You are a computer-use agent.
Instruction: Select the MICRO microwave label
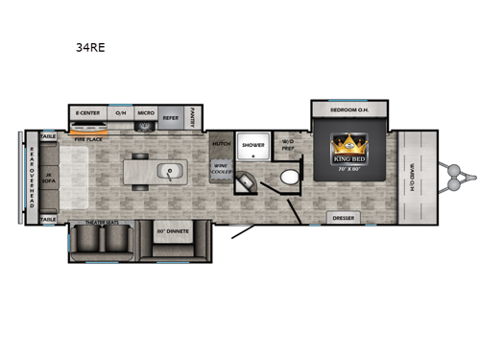(145, 111)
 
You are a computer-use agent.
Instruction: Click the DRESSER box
(342, 218)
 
